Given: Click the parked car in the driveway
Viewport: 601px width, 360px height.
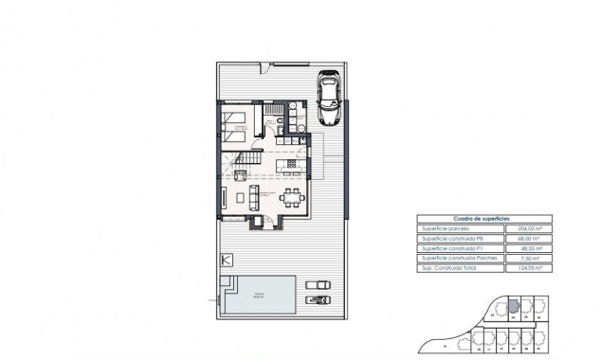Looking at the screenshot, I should [329, 99].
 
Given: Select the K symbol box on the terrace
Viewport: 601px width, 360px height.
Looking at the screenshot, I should [226, 258].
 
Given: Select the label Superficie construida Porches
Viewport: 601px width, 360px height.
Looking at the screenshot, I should [453, 259].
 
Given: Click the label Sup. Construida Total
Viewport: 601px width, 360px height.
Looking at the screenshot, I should [447, 269].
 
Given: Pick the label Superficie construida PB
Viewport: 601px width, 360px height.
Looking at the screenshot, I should [449, 238].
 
